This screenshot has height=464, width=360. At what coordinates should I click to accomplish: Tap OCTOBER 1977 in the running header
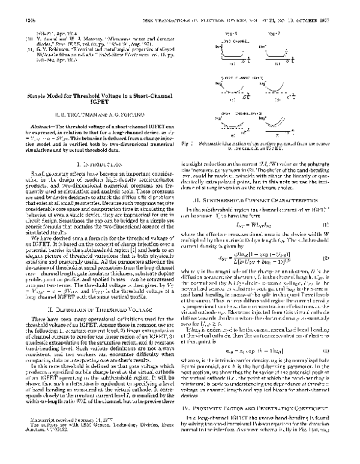[324, 20]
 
